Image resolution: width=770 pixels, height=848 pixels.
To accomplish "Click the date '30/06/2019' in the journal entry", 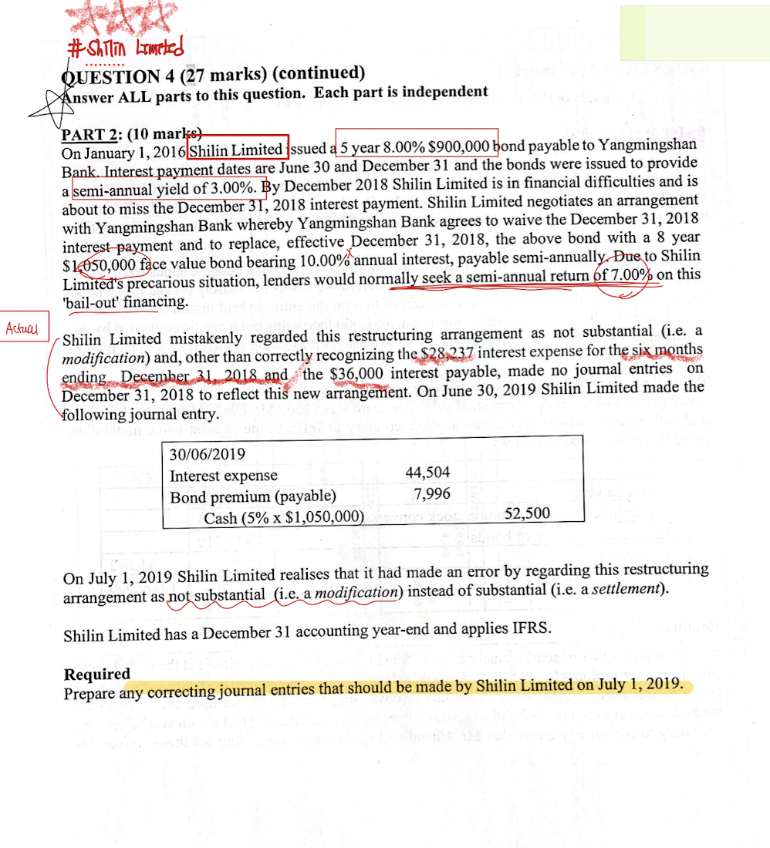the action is coord(208,456).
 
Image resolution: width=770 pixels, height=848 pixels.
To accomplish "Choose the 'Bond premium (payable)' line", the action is coord(252,496).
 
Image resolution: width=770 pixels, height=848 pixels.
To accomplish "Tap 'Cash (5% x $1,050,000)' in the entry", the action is coord(283,517).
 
